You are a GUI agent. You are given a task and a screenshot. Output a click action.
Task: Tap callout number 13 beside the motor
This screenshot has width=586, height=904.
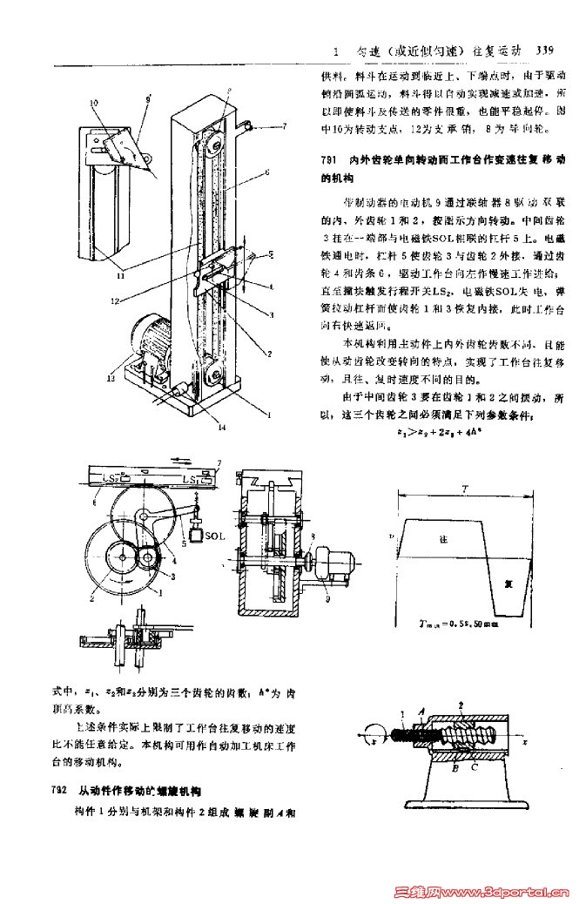tap(111, 378)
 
